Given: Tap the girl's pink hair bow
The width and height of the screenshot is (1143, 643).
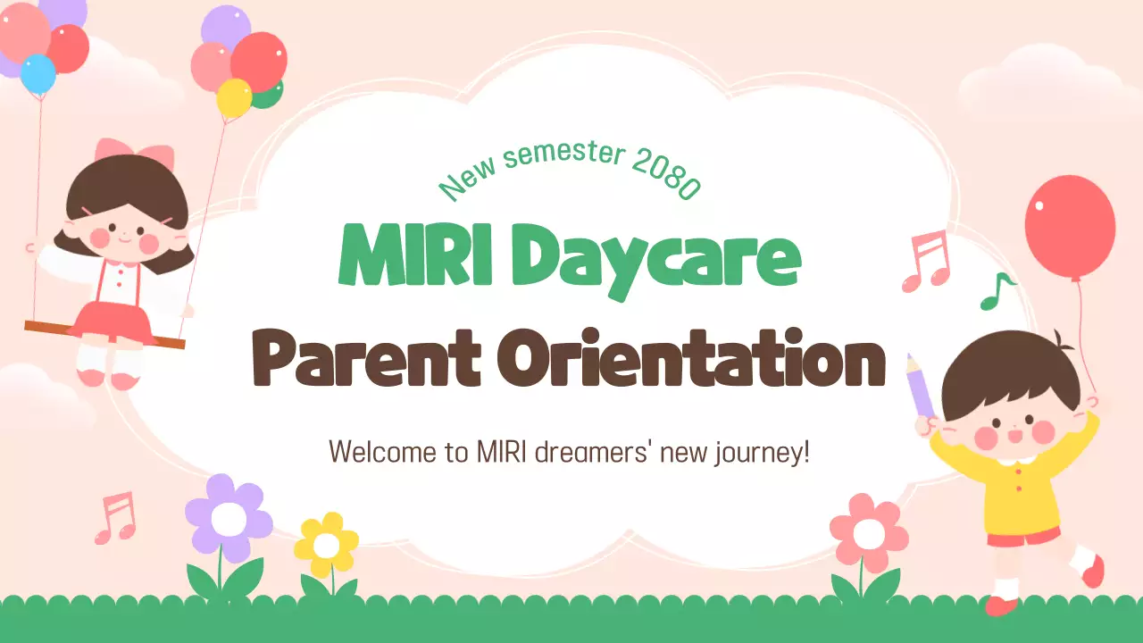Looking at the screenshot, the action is (x=135, y=152).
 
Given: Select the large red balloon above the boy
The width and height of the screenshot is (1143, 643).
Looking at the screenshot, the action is (x=1070, y=227).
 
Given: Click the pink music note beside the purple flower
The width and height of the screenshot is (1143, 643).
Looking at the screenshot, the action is (x=116, y=517).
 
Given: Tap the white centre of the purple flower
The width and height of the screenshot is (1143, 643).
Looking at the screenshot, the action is (x=229, y=519).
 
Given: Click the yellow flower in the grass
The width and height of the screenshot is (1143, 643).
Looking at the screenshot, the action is (x=326, y=545).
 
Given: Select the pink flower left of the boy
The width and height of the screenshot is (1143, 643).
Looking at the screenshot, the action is (x=869, y=533).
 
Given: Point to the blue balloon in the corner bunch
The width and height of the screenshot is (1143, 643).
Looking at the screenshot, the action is (x=38, y=73).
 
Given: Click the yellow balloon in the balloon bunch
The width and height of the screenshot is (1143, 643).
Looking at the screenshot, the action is (x=234, y=97).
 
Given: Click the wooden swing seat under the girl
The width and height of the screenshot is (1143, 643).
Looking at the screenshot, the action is (x=104, y=334).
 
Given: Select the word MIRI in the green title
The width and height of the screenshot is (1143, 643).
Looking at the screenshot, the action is (x=416, y=255).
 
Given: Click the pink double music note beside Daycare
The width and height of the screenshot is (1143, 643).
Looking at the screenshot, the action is (x=927, y=261).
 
